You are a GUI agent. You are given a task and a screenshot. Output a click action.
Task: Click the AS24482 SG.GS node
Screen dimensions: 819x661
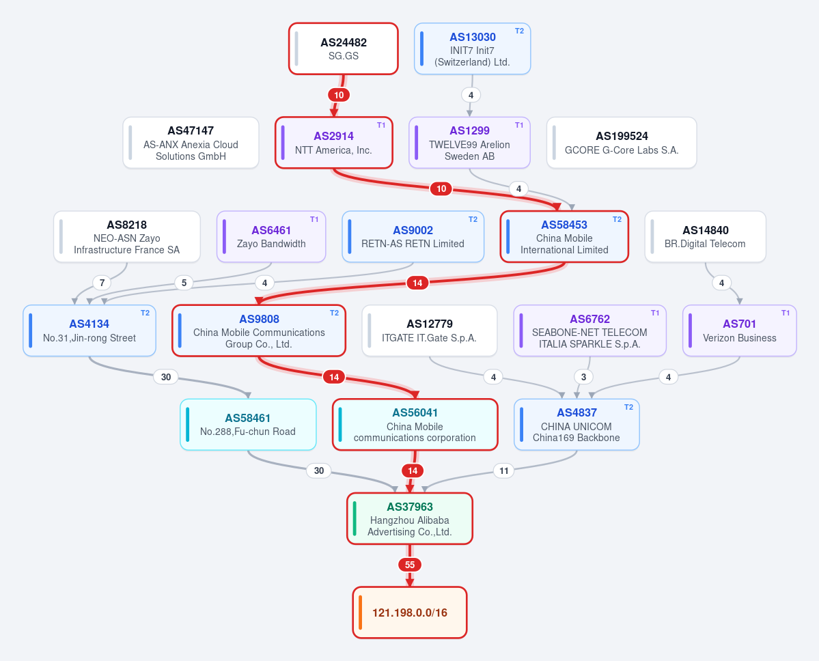(343, 48)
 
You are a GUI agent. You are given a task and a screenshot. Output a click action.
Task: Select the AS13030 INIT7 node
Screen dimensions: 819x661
(472, 48)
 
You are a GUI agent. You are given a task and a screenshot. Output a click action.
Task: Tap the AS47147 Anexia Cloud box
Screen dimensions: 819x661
(191, 143)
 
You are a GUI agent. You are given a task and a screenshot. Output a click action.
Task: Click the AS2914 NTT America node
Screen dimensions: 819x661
(334, 143)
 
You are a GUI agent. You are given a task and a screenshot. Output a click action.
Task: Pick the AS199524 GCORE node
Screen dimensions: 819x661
(622, 143)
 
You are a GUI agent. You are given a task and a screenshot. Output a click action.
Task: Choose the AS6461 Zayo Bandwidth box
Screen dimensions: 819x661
(271, 236)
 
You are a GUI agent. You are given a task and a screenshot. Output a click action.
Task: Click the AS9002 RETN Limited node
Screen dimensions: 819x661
(413, 236)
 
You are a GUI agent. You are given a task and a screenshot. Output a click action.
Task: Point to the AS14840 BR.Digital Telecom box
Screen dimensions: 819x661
(705, 236)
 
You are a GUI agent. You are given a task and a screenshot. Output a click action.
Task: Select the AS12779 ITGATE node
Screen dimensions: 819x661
(430, 330)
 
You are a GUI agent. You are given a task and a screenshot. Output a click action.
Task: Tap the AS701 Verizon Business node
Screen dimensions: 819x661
(740, 330)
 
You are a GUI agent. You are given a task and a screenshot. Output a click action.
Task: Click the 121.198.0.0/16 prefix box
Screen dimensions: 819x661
(410, 613)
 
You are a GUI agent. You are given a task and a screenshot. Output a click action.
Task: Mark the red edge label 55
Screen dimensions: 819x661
(410, 565)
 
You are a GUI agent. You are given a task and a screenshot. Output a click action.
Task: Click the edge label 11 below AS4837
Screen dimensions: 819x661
(503, 471)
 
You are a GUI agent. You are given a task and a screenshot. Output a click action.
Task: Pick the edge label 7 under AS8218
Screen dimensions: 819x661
(102, 283)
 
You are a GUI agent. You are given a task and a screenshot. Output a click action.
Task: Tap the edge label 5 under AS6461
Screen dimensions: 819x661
(184, 283)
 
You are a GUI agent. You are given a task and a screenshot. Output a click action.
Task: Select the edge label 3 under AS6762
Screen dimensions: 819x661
(583, 377)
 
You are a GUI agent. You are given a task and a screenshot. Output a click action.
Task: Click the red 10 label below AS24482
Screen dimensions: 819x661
(339, 95)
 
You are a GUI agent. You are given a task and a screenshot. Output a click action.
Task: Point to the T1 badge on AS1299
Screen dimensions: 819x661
(519, 126)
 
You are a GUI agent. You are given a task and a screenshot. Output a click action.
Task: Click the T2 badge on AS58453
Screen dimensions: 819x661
(617, 219)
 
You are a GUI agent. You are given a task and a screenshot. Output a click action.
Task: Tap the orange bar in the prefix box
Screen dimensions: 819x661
(361, 613)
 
